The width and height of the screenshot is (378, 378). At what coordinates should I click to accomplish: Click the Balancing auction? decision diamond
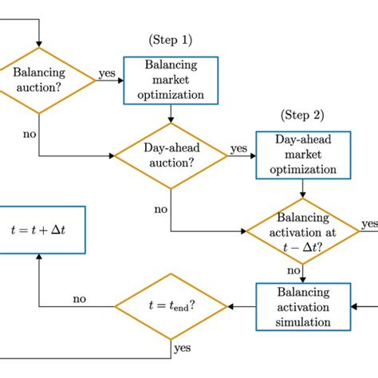coord(39,79)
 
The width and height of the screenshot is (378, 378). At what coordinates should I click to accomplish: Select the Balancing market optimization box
coord(171,80)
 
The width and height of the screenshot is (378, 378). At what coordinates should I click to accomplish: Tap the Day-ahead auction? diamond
coord(171,156)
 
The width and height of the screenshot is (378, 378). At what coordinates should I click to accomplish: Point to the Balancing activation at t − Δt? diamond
coord(301,231)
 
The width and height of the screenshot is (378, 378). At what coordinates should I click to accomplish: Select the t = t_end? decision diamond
coord(171,306)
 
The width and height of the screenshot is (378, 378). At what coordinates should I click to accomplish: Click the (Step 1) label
coord(171,39)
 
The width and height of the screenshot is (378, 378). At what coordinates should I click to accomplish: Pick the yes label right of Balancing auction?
coord(106,73)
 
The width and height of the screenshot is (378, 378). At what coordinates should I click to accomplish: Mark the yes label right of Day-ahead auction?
coord(238,148)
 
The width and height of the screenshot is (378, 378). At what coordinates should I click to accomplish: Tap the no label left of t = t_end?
coord(79,299)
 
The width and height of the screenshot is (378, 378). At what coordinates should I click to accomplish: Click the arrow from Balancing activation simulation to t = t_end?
coord(241,306)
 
